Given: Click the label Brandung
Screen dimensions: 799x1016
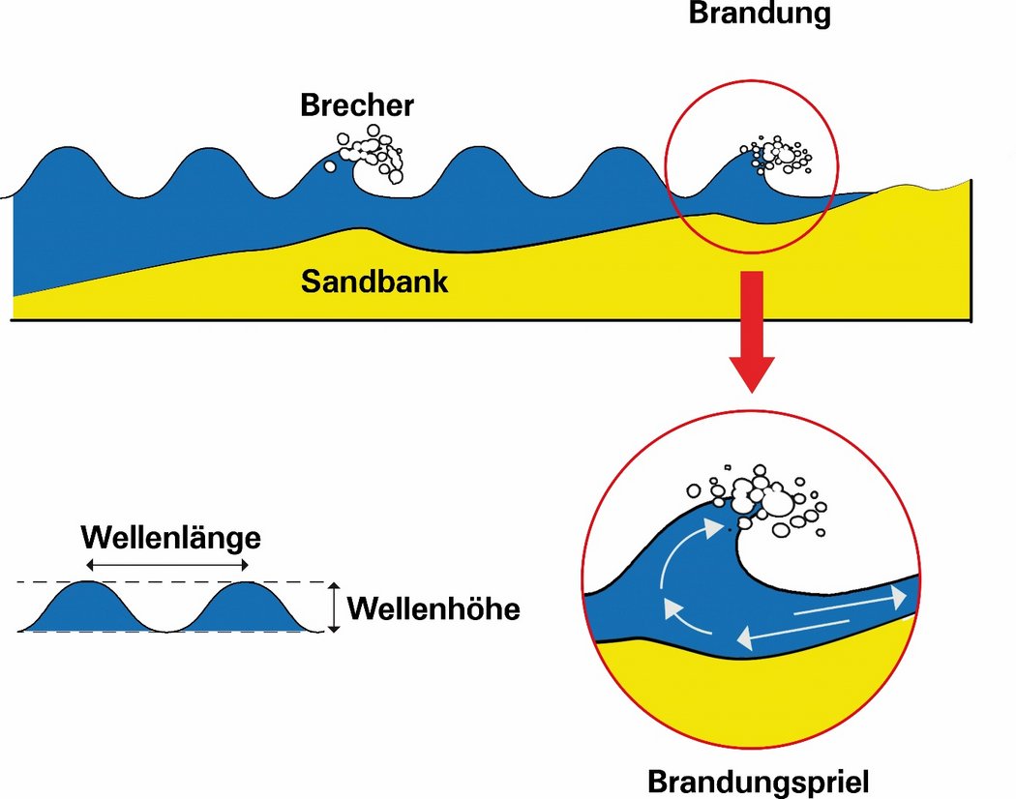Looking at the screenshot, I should click(x=760, y=14).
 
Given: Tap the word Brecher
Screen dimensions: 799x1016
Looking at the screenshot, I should click(x=356, y=104).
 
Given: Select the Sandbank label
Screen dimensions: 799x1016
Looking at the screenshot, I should click(x=374, y=281).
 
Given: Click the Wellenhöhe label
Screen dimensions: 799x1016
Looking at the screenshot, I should click(x=433, y=609).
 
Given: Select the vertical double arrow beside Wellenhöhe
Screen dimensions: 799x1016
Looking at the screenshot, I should click(x=333, y=607).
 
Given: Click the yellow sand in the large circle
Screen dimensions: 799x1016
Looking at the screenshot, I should click(x=755, y=706).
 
